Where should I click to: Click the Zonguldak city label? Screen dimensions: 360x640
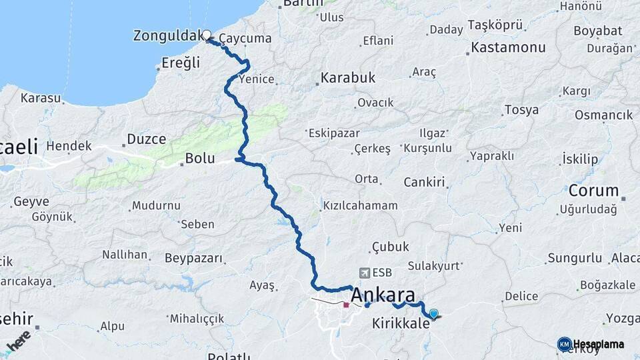(x=167, y=35)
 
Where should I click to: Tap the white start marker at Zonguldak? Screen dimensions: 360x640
(x=207, y=35)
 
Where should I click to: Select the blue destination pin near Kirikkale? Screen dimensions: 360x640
(x=434, y=314)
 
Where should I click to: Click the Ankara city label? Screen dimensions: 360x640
(x=383, y=295)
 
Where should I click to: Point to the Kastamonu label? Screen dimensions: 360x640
(x=508, y=48)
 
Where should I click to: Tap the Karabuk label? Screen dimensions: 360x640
(x=348, y=78)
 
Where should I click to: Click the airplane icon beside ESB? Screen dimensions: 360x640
(x=365, y=273)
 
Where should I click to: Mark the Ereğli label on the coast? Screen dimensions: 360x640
(x=181, y=63)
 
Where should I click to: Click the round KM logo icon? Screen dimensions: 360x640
(x=564, y=343)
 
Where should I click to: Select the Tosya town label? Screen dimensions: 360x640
(x=522, y=110)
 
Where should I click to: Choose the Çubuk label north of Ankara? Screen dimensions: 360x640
(x=390, y=247)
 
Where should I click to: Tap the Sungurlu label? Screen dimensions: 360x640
(x=571, y=257)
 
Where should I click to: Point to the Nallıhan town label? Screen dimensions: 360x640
(x=125, y=255)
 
